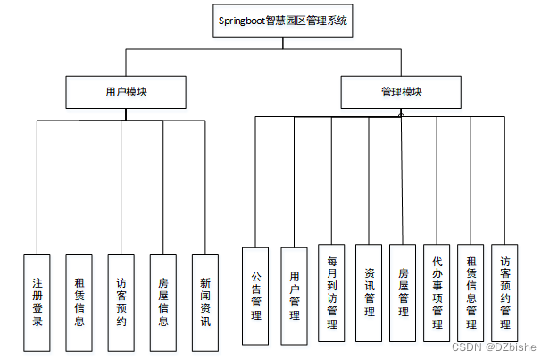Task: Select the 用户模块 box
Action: click(x=126, y=91)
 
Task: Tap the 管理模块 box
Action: click(x=401, y=91)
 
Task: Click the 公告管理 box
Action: click(x=255, y=297)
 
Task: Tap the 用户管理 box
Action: click(x=295, y=297)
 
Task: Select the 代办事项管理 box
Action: click(x=437, y=292)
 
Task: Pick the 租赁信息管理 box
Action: click(x=471, y=292)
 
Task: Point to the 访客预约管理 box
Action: click(x=505, y=292)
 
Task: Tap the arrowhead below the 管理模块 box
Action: click(x=401, y=113)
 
